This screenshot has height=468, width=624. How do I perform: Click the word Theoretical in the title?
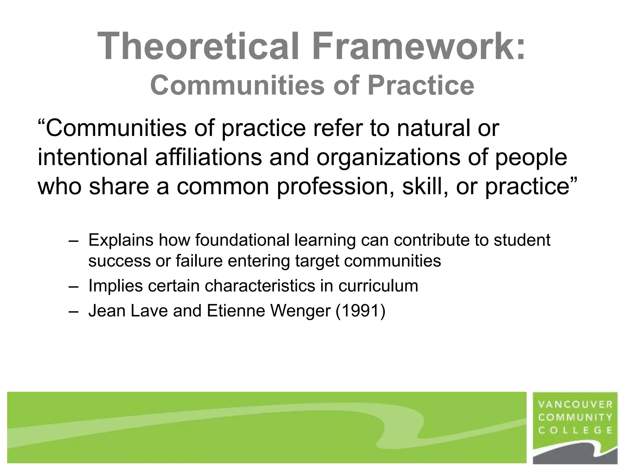tap(198, 46)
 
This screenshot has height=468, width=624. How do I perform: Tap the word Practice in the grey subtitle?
tap(421, 86)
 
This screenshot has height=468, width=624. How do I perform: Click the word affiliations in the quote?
tap(208, 158)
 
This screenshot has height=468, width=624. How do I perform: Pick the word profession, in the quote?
tap(335, 187)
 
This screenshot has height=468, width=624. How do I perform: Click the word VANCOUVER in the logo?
tap(576, 405)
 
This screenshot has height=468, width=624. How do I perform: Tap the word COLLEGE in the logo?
tap(576, 430)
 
